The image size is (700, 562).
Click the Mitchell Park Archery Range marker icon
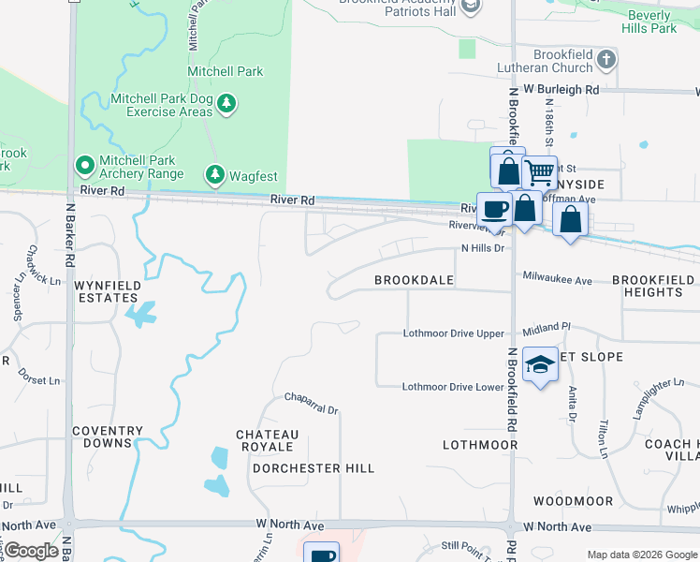pyautogui.click(x=84, y=167)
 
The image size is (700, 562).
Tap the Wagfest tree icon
pyautogui.click(x=215, y=173)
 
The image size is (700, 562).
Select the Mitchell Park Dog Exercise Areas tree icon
pyautogui.click(x=226, y=102)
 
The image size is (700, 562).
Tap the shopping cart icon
pyautogui.click(x=540, y=171)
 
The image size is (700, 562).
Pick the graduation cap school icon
pyautogui.click(x=540, y=365)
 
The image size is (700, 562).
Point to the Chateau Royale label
pyautogui.click(x=268, y=440)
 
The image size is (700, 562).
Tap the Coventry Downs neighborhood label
pyautogui.click(x=108, y=437)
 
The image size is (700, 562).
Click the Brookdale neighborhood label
pyautogui.click(x=414, y=280)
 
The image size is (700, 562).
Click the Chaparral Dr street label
pyautogui.click(x=312, y=409)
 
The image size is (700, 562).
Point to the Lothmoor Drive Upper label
pyautogui.click(x=454, y=333)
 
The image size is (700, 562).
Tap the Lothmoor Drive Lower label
pyautogui.click(x=454, y=387)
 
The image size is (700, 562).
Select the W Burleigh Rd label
pyautogui.click(x=561, y=89)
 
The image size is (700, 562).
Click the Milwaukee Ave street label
pyautogui.click(x=557, y=280)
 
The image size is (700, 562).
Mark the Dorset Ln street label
pyautogui.click(x=38, y=381)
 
